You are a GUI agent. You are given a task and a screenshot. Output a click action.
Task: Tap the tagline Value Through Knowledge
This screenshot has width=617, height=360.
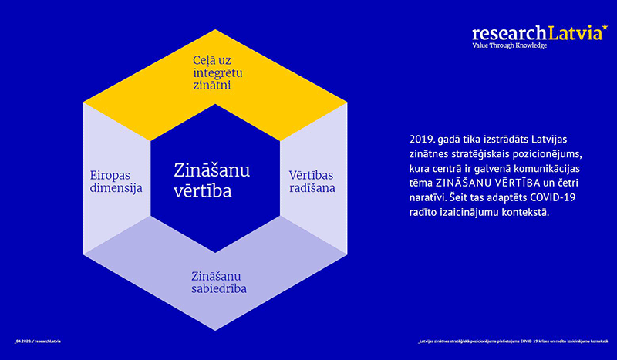tap(509, 45)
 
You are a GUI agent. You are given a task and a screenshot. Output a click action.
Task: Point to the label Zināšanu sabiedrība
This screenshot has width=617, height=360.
tap(214, 282)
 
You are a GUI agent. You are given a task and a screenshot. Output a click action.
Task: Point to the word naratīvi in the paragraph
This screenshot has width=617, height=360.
tap(422, 197)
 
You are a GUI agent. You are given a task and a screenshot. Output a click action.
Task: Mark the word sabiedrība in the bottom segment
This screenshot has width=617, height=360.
tap(214, 290)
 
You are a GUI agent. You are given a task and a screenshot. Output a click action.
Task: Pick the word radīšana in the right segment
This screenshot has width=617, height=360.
tap(312, 187)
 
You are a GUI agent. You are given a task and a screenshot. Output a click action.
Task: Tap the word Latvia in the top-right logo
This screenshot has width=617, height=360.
tap(573, 33)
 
